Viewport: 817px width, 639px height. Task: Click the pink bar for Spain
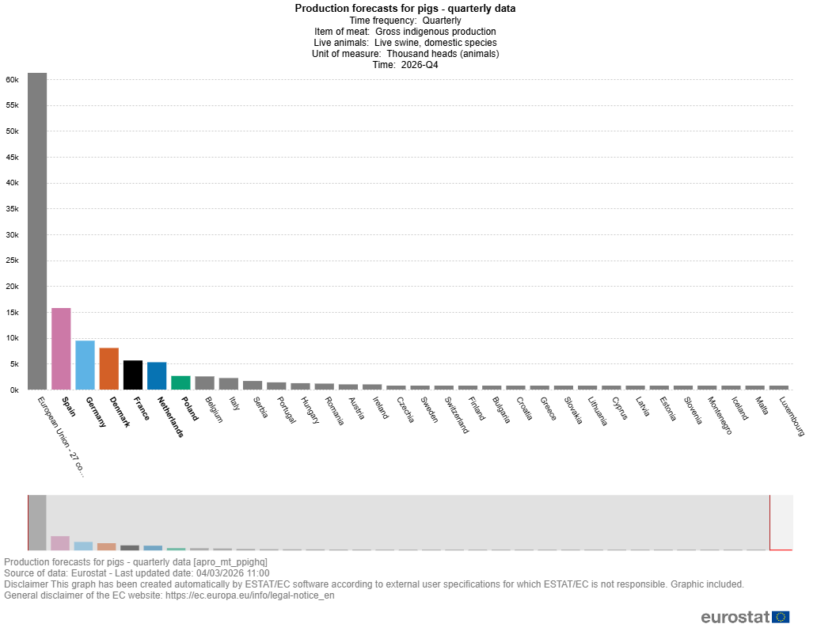pyautogui.click(x=61, y=348)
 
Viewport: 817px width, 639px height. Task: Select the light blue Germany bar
pyautogui.click(x=85, y=365)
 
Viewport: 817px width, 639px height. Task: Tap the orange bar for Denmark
pyautogui.click(x=108, y=369)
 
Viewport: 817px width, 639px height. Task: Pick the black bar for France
pyautogui.click(x=133, y=375)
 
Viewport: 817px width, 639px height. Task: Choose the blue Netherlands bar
pyautogui.click(x=157, y=376)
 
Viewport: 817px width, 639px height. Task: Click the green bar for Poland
pyautogui.click(x=180, y=382)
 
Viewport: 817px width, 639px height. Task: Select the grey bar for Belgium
pyautogui.click(x=204, y=383)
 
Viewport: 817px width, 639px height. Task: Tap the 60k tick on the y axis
pyautogui.click(x=12, y=80)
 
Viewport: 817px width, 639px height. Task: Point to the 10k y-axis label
pyautogui.click(x=12, y=339)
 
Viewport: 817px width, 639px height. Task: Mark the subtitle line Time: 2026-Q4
pyautogui.click(x=405, y=65)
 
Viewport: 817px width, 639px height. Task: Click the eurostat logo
pyautogui.click(x=744, y=618)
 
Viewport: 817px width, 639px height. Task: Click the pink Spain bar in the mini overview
pyautogui.click(x=60, y=543)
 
